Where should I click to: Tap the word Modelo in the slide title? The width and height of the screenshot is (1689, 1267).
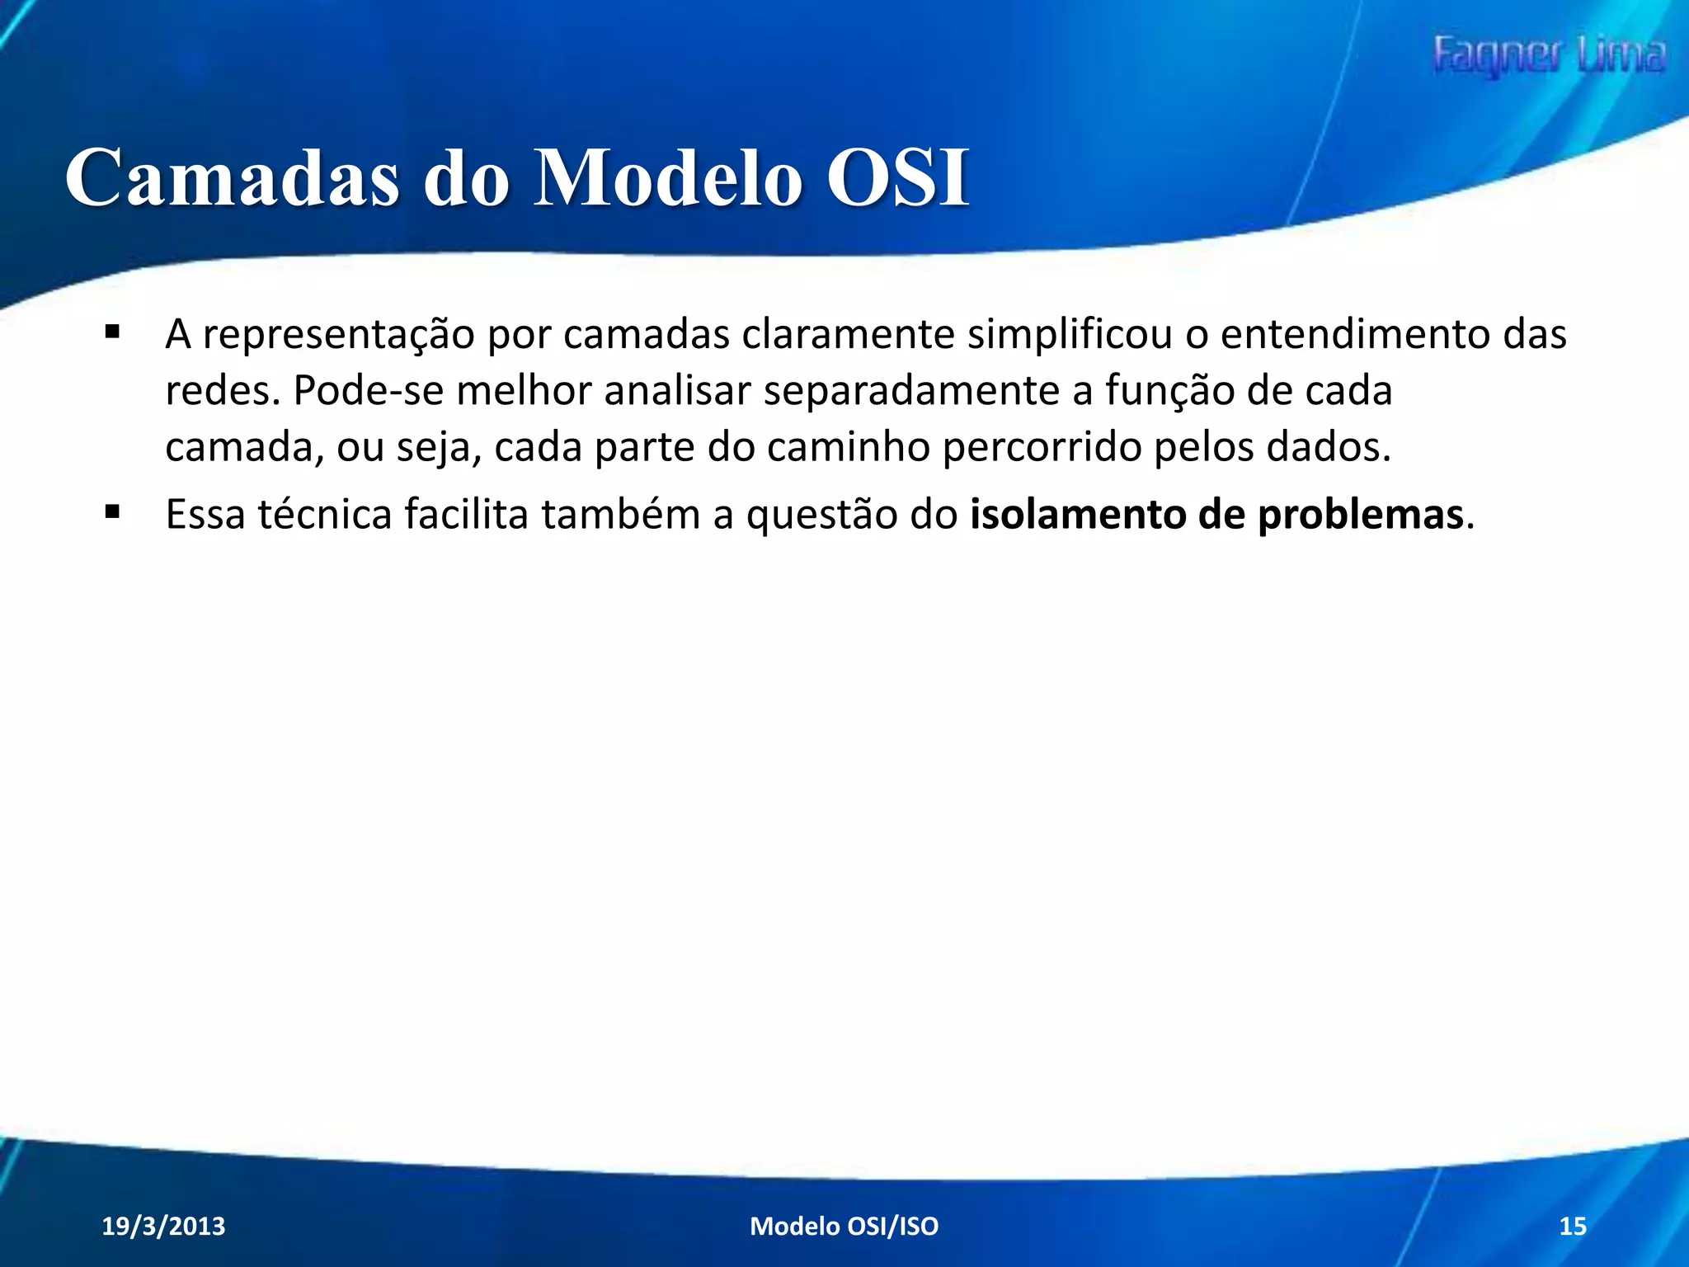coord(668,178)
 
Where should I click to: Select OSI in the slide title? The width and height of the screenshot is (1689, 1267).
coord(897,178)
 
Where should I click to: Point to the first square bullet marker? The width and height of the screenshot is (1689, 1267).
coord(113,333)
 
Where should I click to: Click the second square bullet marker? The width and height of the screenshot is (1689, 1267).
coord(113,513)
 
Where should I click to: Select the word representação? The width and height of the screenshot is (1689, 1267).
coord(338,335)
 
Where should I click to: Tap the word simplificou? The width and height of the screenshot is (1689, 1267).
coord(1070,335)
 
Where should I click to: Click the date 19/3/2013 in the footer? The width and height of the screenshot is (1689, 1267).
coord(163,1226)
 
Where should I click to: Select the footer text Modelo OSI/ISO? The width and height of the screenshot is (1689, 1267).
coord(844,1226)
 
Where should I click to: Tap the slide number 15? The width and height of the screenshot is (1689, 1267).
coord(1573,1226)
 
